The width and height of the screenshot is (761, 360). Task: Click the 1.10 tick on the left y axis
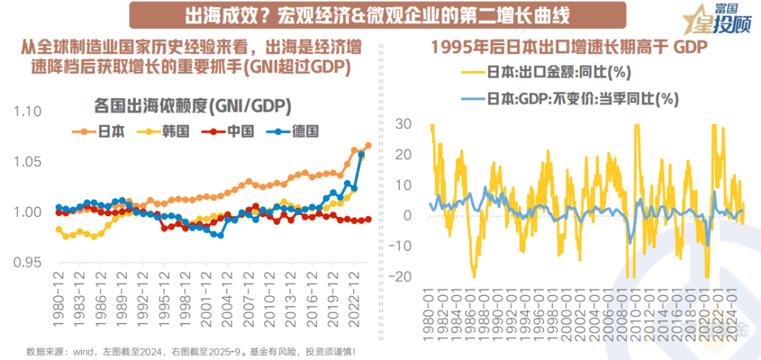pos(28,111)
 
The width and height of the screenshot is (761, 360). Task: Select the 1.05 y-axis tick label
pos(28,162)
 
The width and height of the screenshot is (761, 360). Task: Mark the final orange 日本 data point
pos(368,146)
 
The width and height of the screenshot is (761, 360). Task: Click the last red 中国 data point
pos(368,220)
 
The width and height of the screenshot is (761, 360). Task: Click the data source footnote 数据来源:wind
pos(190,350)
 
